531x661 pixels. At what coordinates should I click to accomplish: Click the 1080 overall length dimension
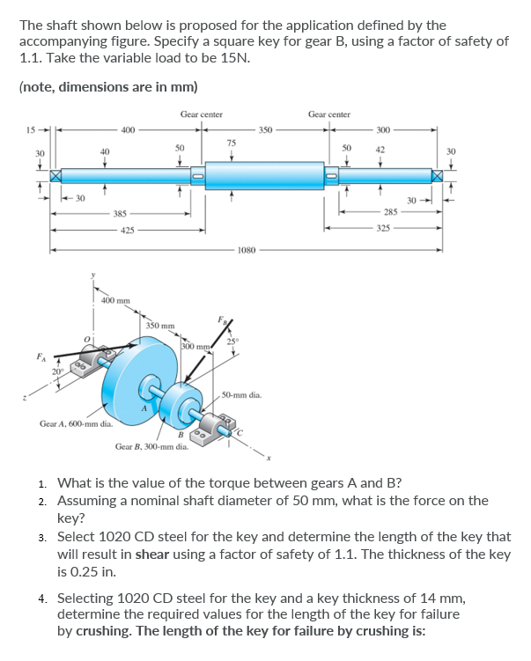click(247, 250)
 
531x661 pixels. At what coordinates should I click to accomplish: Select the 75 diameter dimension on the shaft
click(231, 143)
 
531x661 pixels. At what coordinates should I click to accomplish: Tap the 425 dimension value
click(129, 231)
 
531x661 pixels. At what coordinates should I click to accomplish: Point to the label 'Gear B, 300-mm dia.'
click(151, 446)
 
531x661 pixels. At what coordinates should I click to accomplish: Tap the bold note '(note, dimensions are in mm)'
click(108, 86)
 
